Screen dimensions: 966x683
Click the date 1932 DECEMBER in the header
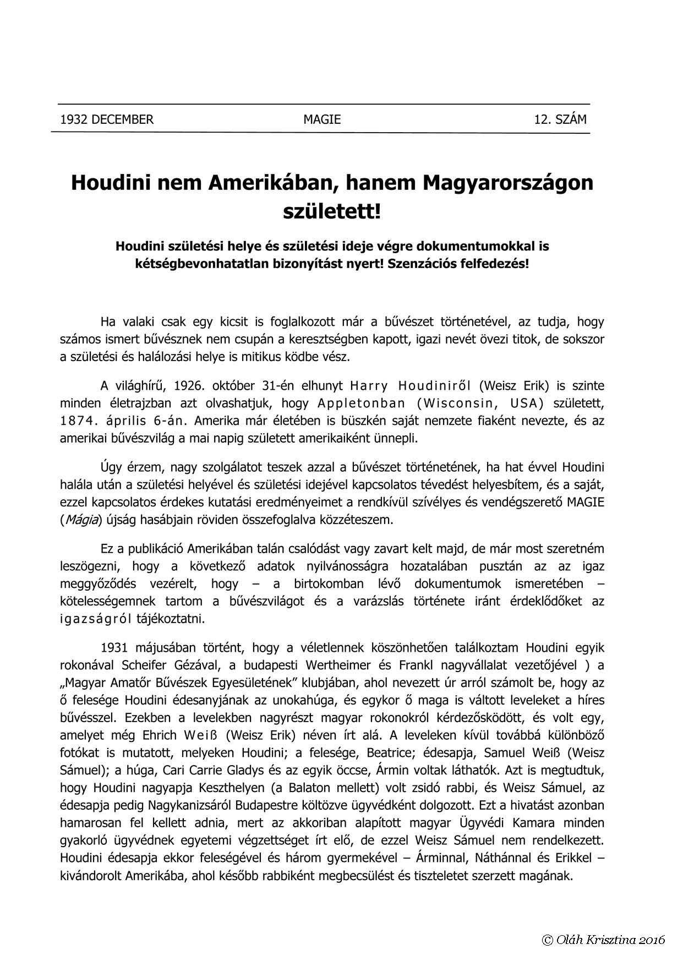tap(107, 119)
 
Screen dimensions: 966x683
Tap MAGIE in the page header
tap(322, 119)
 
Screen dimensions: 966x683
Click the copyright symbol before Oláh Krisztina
tap(548, 939)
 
